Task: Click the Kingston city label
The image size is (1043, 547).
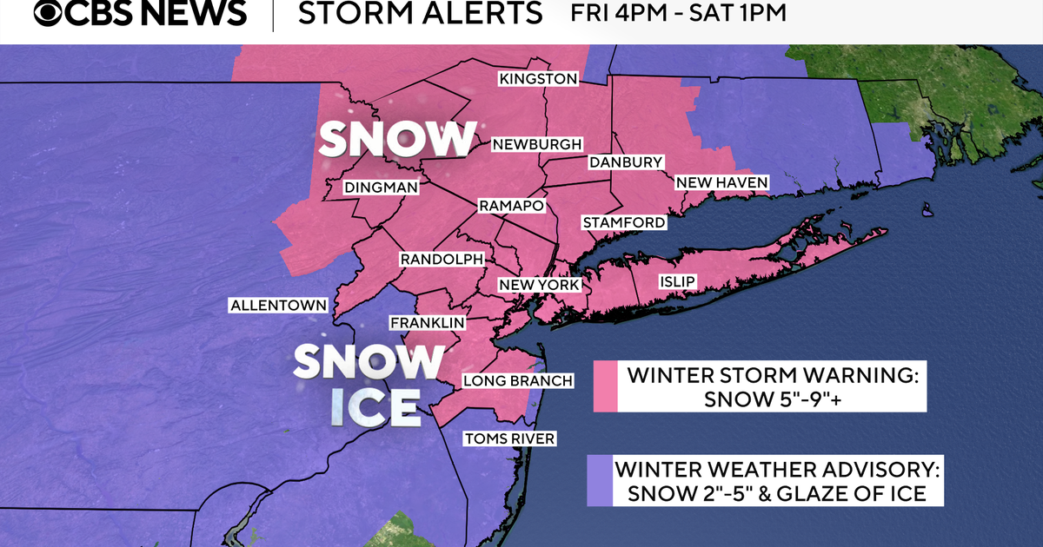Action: [537, 79]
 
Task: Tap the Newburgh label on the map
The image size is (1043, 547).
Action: [536, 144]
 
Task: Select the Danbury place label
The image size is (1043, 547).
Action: [626, 162]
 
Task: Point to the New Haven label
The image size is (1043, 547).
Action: [721, 182]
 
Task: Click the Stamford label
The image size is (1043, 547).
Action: [623, 222]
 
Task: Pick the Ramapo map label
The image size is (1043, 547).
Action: [511, 206]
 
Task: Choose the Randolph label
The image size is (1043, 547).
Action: [441, 259]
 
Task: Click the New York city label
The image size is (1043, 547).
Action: [538, 285]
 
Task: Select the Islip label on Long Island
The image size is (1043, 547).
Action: [677, 281]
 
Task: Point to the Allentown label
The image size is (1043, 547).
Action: [278, 305]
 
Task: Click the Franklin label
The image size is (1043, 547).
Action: [427, 323]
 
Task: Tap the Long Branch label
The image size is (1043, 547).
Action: [517, 380]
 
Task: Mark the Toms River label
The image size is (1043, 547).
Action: [509, 438]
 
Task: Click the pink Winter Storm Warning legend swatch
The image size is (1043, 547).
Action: [605, 386]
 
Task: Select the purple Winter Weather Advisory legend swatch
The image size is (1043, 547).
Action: [598, 481]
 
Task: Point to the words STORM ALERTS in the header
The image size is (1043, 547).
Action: [420, 14]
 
